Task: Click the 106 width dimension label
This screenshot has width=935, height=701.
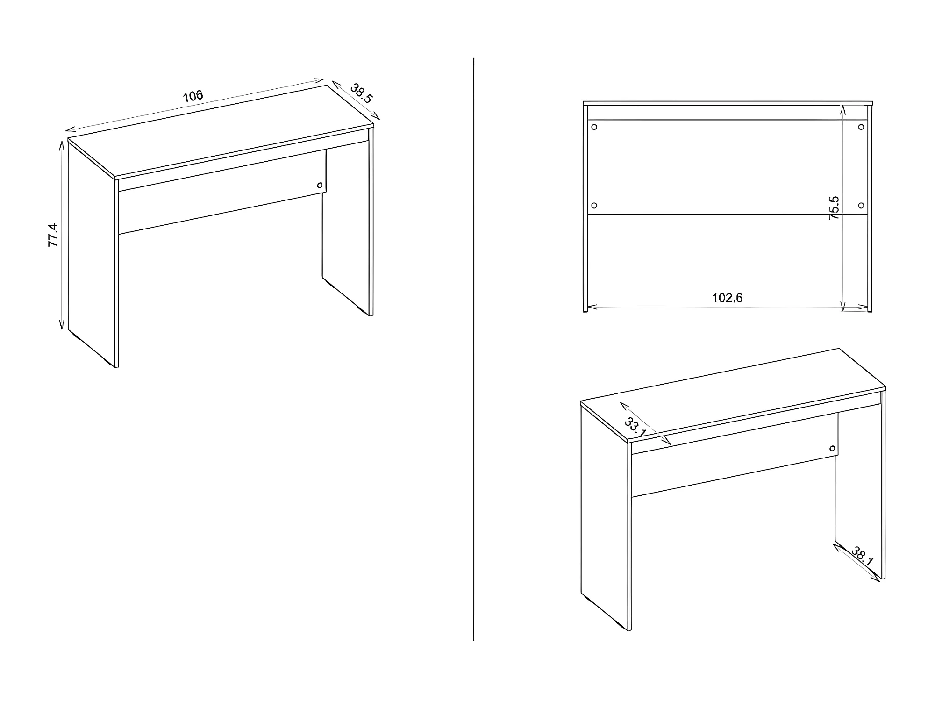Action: [193, 96]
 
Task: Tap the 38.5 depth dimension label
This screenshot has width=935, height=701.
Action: [361, 93]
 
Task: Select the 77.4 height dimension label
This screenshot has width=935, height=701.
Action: [53, 235]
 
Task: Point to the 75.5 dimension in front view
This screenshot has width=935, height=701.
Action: [834, 208]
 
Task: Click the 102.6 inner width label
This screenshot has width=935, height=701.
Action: [727, 298]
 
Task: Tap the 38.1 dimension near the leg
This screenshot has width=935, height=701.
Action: [862, 556]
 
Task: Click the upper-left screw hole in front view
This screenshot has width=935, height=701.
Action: [594, 127]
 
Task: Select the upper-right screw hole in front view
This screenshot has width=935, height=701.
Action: [861, 127]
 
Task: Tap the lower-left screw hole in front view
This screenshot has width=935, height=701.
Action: [594, 206]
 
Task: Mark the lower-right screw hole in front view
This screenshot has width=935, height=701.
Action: [861, 206]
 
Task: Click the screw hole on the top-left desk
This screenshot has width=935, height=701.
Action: [320, 185]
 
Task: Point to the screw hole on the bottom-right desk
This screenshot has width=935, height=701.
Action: [832, 449]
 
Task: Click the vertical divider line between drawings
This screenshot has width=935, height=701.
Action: [474, 349]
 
